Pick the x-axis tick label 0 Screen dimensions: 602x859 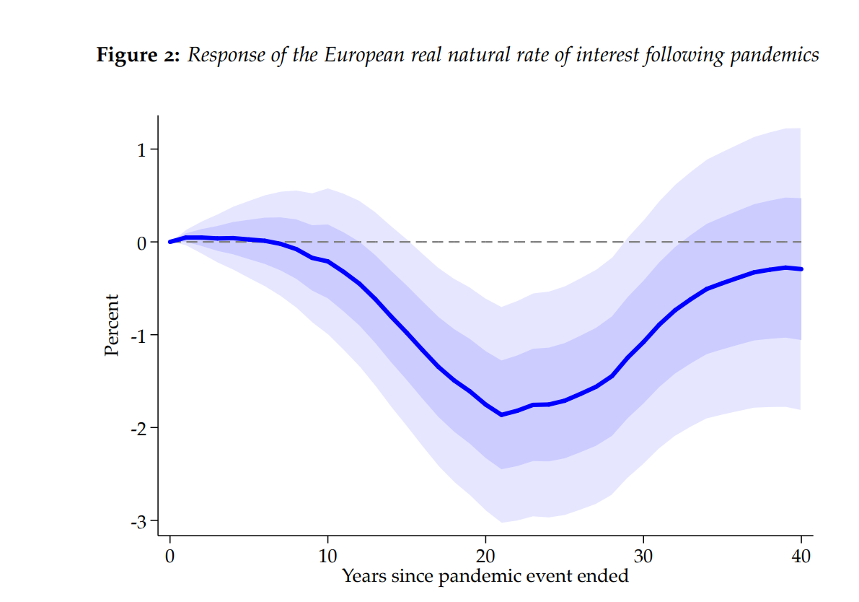[x=170, y=557]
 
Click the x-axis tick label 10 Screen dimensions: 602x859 [x=328, y=557]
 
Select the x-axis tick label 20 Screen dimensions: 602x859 [x=485, y=557]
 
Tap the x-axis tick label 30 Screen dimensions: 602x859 [x=643, y=557]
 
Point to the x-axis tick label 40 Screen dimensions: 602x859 [x=801, y=557]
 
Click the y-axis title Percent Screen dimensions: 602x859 [x=111, y=325]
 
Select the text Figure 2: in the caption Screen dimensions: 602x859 [x=138, y=56]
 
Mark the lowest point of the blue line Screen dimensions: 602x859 [x=501, y=415]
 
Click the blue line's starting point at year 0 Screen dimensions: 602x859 [x=170, y=242]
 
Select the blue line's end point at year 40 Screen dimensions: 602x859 [x=801, y=269]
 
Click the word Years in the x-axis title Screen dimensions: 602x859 [x=364, y=576]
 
